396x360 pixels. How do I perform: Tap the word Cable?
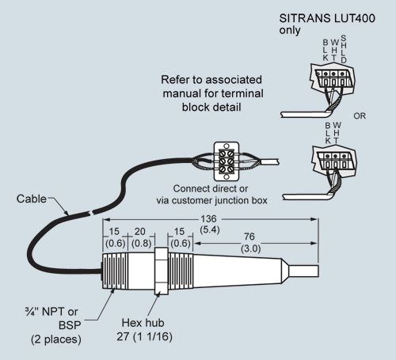point(32,199)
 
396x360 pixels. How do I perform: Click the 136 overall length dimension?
point(208,218)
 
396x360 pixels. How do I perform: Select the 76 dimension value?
point(249,237)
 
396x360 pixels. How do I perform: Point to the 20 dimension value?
point(140,232)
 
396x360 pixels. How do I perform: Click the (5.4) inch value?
point(210,229)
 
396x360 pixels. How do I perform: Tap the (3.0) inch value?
point(251,248)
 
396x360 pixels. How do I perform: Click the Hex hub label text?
point(143,323)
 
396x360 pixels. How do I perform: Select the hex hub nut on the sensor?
point(161,271)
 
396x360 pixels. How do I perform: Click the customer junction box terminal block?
point(227,161)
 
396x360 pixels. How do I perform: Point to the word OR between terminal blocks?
point(360,116)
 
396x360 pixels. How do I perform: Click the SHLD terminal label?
point(343,49)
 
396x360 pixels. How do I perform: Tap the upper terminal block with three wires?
point(333,78)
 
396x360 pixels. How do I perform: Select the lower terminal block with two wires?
point(334,161)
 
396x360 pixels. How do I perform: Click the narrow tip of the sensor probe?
point(303,271)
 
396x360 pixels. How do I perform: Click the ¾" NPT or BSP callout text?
point(54,325)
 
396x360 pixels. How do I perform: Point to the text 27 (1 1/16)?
point(144,336)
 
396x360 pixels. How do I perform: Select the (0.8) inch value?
point(142,243)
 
